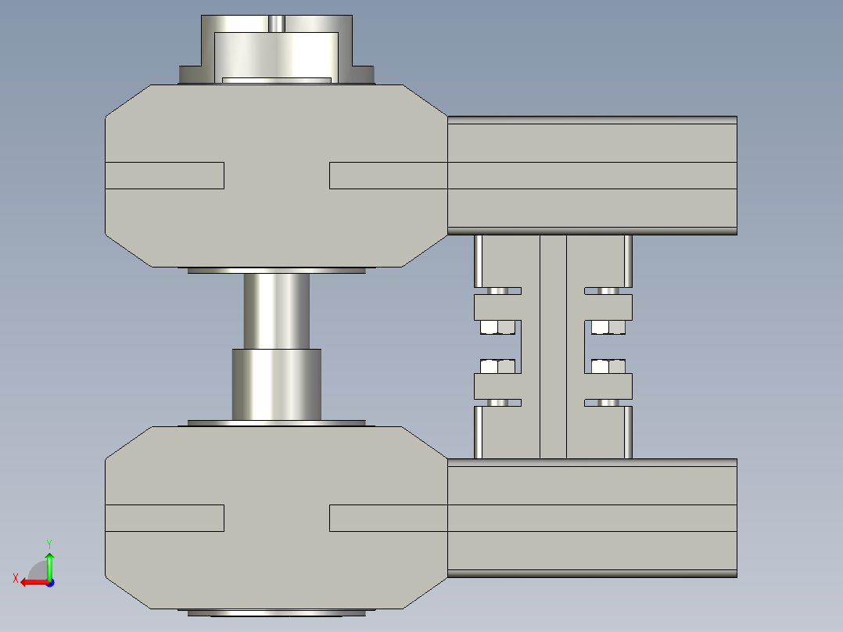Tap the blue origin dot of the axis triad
49,582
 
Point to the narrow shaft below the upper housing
276,310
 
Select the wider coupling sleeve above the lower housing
276,383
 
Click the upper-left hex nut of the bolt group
497,326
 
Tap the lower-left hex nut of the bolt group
497,365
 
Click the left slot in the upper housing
165,175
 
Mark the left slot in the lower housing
165,518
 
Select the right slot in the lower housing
388,518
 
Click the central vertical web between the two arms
553,347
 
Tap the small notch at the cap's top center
275,23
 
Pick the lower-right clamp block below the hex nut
608,386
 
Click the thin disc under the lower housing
276,612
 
